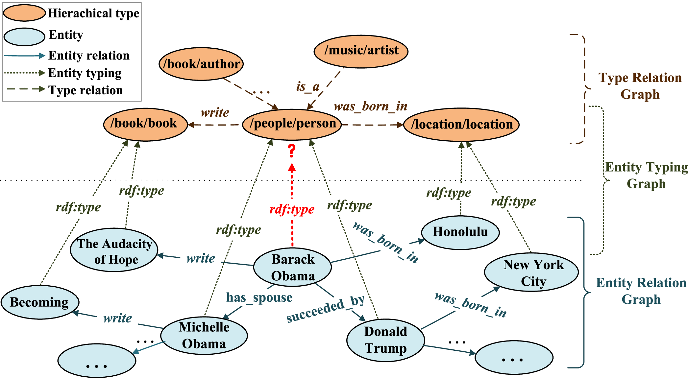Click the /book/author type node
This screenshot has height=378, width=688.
pos(201,64)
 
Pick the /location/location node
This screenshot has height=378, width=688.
pos(461,125)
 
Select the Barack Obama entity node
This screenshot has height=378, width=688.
pos(292,267)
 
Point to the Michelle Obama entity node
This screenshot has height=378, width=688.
pos(204,335)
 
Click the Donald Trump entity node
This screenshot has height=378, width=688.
pos(385,340)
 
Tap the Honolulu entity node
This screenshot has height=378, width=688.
pos(460,232)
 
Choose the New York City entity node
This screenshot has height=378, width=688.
pos(531,272)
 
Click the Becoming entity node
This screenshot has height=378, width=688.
pos(40,302)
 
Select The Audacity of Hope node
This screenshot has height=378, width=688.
pos(114,250)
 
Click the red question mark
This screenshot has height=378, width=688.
pos(291,151)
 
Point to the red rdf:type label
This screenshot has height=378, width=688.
pos(292,209)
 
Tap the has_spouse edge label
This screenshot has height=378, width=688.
pos(259,297)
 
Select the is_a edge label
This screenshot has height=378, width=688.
pos(307,86)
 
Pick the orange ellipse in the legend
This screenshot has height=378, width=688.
pos(24,13)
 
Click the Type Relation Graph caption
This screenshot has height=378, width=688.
pos(640,86)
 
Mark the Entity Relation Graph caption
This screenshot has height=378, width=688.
pos(641,291)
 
